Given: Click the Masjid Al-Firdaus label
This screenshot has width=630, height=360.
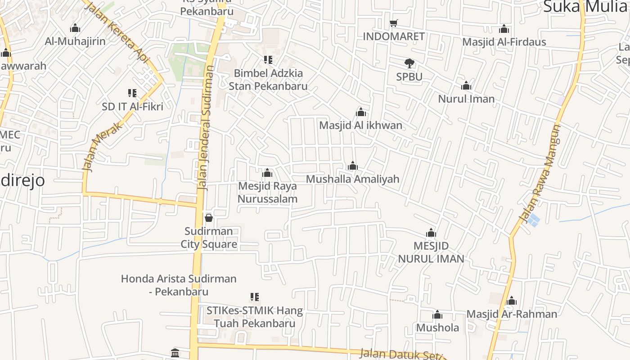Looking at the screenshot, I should pyautogui.click(x=504, y=42).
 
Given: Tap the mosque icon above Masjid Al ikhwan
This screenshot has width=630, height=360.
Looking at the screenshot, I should pyautogui.click(x=360, y=112).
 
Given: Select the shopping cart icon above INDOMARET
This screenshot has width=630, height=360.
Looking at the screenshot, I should pyautogui.click(x=394, y=23).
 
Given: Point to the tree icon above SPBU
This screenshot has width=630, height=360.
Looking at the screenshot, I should pyautogui.click(x=409, y=63).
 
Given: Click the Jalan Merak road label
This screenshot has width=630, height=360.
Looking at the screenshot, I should pyautogui.click(x=103, y=146).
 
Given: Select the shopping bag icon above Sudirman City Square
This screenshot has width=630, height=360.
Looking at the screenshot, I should pyautogui.click(x=209, y=218).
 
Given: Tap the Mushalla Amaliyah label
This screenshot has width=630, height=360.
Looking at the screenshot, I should pyautogui.click(x=352, y=179).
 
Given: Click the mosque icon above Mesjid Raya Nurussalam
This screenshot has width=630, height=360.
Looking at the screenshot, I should pyautogui.click(x=267, y=173).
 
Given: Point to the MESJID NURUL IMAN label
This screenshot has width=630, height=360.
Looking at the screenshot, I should pyautogui.click(x=431, y=252).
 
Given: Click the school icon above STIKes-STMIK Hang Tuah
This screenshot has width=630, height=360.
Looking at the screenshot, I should pyautogui.click(x=255, y=297).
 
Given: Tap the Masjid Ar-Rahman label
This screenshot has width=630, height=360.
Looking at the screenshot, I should pyautogui.click(x=511, y=314).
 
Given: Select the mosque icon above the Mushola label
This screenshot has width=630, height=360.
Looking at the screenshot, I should pyautogui.click(x=437, y=315).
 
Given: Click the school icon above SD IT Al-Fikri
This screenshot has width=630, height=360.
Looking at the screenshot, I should pyautogui.click(x=132, y=93).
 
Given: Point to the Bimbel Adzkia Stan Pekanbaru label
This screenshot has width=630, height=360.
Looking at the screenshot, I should pyautogui.click(x=268, y=79).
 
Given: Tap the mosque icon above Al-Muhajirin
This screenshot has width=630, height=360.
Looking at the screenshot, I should pyautogui.click(x=75, y=28).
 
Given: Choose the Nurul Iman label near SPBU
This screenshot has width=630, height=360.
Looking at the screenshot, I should pyautogui.click(x=466, y=99).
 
